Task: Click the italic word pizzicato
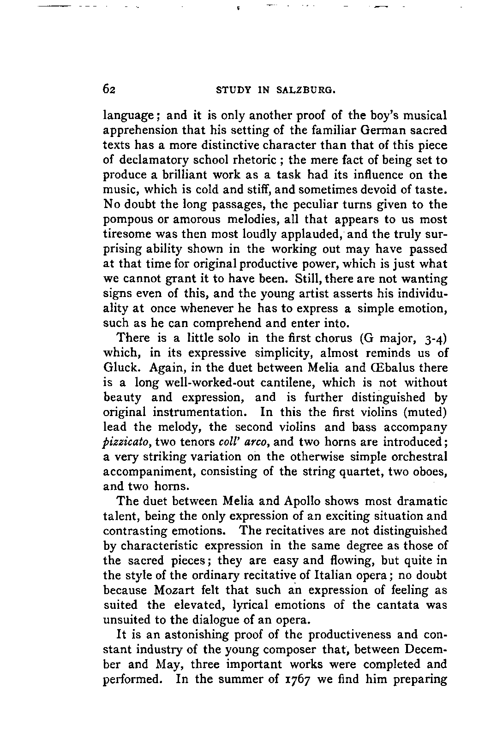click(x=126, y=442)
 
